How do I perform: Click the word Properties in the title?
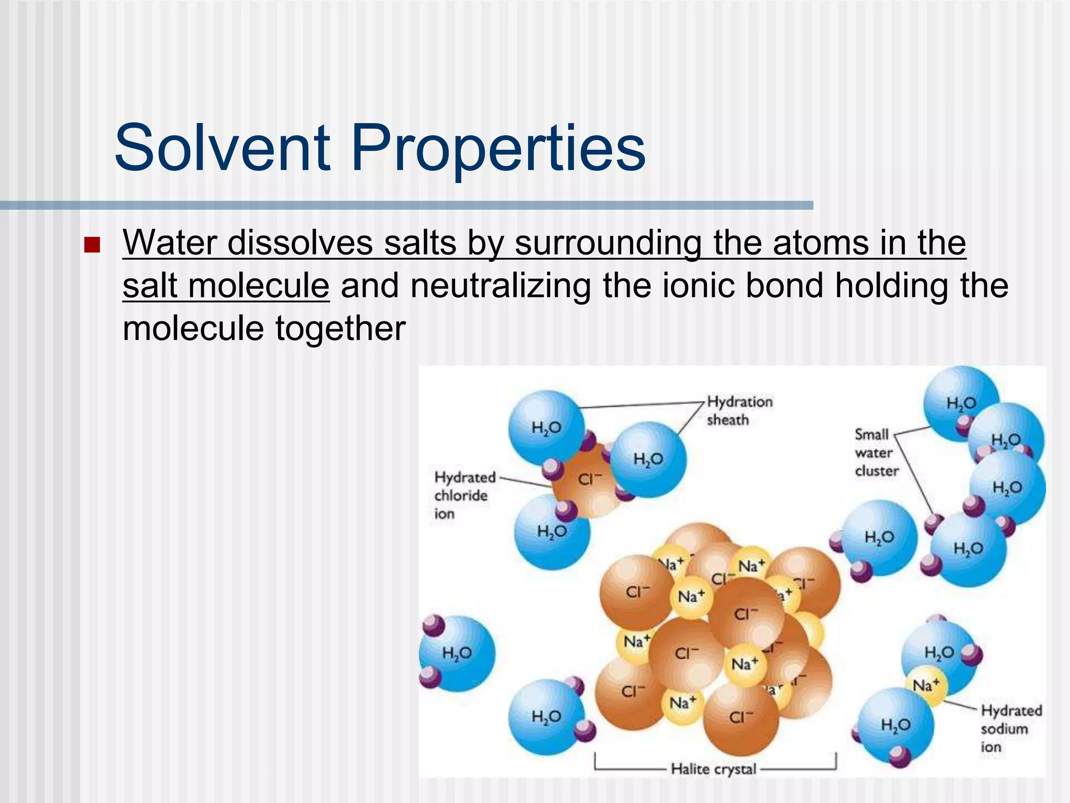tap(498, 149)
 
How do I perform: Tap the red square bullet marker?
tap(92, 245)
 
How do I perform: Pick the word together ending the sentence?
tap(340, 329)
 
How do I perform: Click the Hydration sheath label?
tap(739, 411)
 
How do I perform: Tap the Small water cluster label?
tap(876, 452)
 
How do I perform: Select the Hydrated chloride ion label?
tap(464, 495)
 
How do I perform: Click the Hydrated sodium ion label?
tap(1010, 728)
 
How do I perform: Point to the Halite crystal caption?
tap(713, 768)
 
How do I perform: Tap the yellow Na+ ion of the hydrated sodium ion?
tap(926, 685)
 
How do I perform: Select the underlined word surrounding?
tap(608, 244)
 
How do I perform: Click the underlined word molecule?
tap(258, 286)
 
